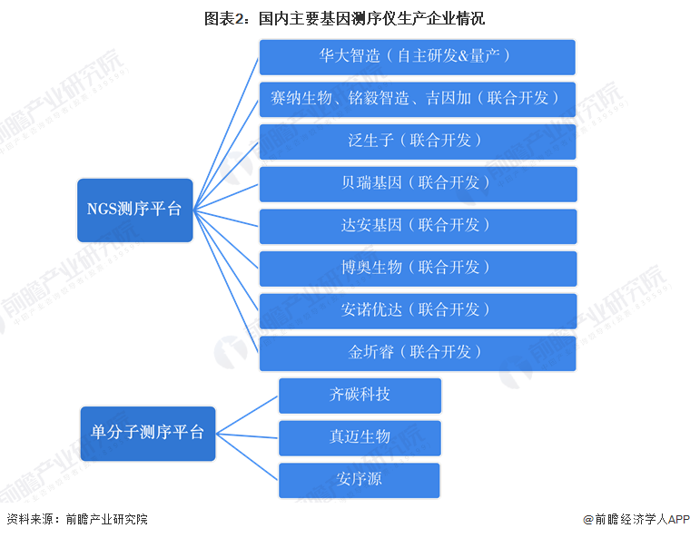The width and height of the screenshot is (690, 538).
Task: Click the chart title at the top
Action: point(344,16)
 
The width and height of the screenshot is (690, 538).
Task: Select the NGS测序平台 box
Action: point(134,210)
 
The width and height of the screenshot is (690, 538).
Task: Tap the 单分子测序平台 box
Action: point(147,434)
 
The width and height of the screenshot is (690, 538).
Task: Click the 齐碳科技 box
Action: point(360,396)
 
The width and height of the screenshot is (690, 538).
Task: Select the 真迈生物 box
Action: point(360,437)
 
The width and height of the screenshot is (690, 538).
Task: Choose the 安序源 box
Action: point(360,480)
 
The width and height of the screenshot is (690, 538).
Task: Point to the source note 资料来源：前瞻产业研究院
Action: point(77,520)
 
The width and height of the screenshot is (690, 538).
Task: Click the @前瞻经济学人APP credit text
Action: point(636,520)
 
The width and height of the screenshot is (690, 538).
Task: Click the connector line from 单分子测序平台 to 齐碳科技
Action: point(247,415)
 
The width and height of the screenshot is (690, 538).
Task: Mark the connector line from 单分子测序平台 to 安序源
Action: point(247,456)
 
